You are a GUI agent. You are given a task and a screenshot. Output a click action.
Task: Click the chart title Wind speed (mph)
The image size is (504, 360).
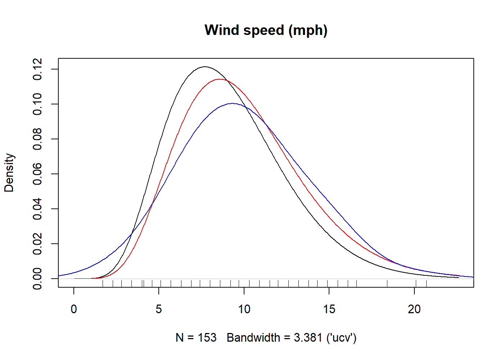[266, 30]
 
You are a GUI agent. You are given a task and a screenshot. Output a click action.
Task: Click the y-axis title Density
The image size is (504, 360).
[9, 173]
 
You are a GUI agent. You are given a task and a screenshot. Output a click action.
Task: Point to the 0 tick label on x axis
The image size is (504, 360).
[74, 309]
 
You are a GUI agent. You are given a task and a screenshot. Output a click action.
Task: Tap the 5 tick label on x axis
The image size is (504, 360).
[159, 309]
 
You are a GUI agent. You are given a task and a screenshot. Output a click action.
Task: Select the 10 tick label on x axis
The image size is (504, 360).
[244, 309]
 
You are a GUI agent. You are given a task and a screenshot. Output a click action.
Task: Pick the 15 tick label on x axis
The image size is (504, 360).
[329, 309]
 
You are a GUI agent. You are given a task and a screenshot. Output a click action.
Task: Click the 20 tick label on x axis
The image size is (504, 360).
[414, 309]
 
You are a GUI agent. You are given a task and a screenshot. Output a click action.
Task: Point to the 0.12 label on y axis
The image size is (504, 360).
[37, 69]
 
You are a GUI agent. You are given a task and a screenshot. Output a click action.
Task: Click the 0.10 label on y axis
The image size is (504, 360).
[37, 104]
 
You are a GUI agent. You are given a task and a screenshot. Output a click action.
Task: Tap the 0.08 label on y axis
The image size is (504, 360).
[37, 139]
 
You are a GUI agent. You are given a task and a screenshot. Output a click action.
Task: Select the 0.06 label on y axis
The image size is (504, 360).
[37, 174]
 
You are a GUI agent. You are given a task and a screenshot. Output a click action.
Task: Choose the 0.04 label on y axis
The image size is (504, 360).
[37, 209]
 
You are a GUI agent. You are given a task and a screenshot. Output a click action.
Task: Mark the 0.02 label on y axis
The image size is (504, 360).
[37, 244]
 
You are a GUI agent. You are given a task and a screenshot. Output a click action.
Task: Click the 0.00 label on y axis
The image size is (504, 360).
[37, 279]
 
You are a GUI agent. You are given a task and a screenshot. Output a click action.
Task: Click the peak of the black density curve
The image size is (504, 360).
[205, 67]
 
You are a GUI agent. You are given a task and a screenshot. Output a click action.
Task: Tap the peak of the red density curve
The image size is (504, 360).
[219, 79]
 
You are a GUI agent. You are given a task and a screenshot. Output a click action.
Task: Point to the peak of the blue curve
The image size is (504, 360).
[233, 103]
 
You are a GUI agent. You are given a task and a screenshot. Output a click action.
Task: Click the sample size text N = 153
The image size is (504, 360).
[196, 338]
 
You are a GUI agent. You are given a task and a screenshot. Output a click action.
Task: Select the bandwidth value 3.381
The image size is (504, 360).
[308, 338]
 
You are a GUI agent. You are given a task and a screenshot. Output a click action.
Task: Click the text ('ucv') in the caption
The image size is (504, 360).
[341, 338]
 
